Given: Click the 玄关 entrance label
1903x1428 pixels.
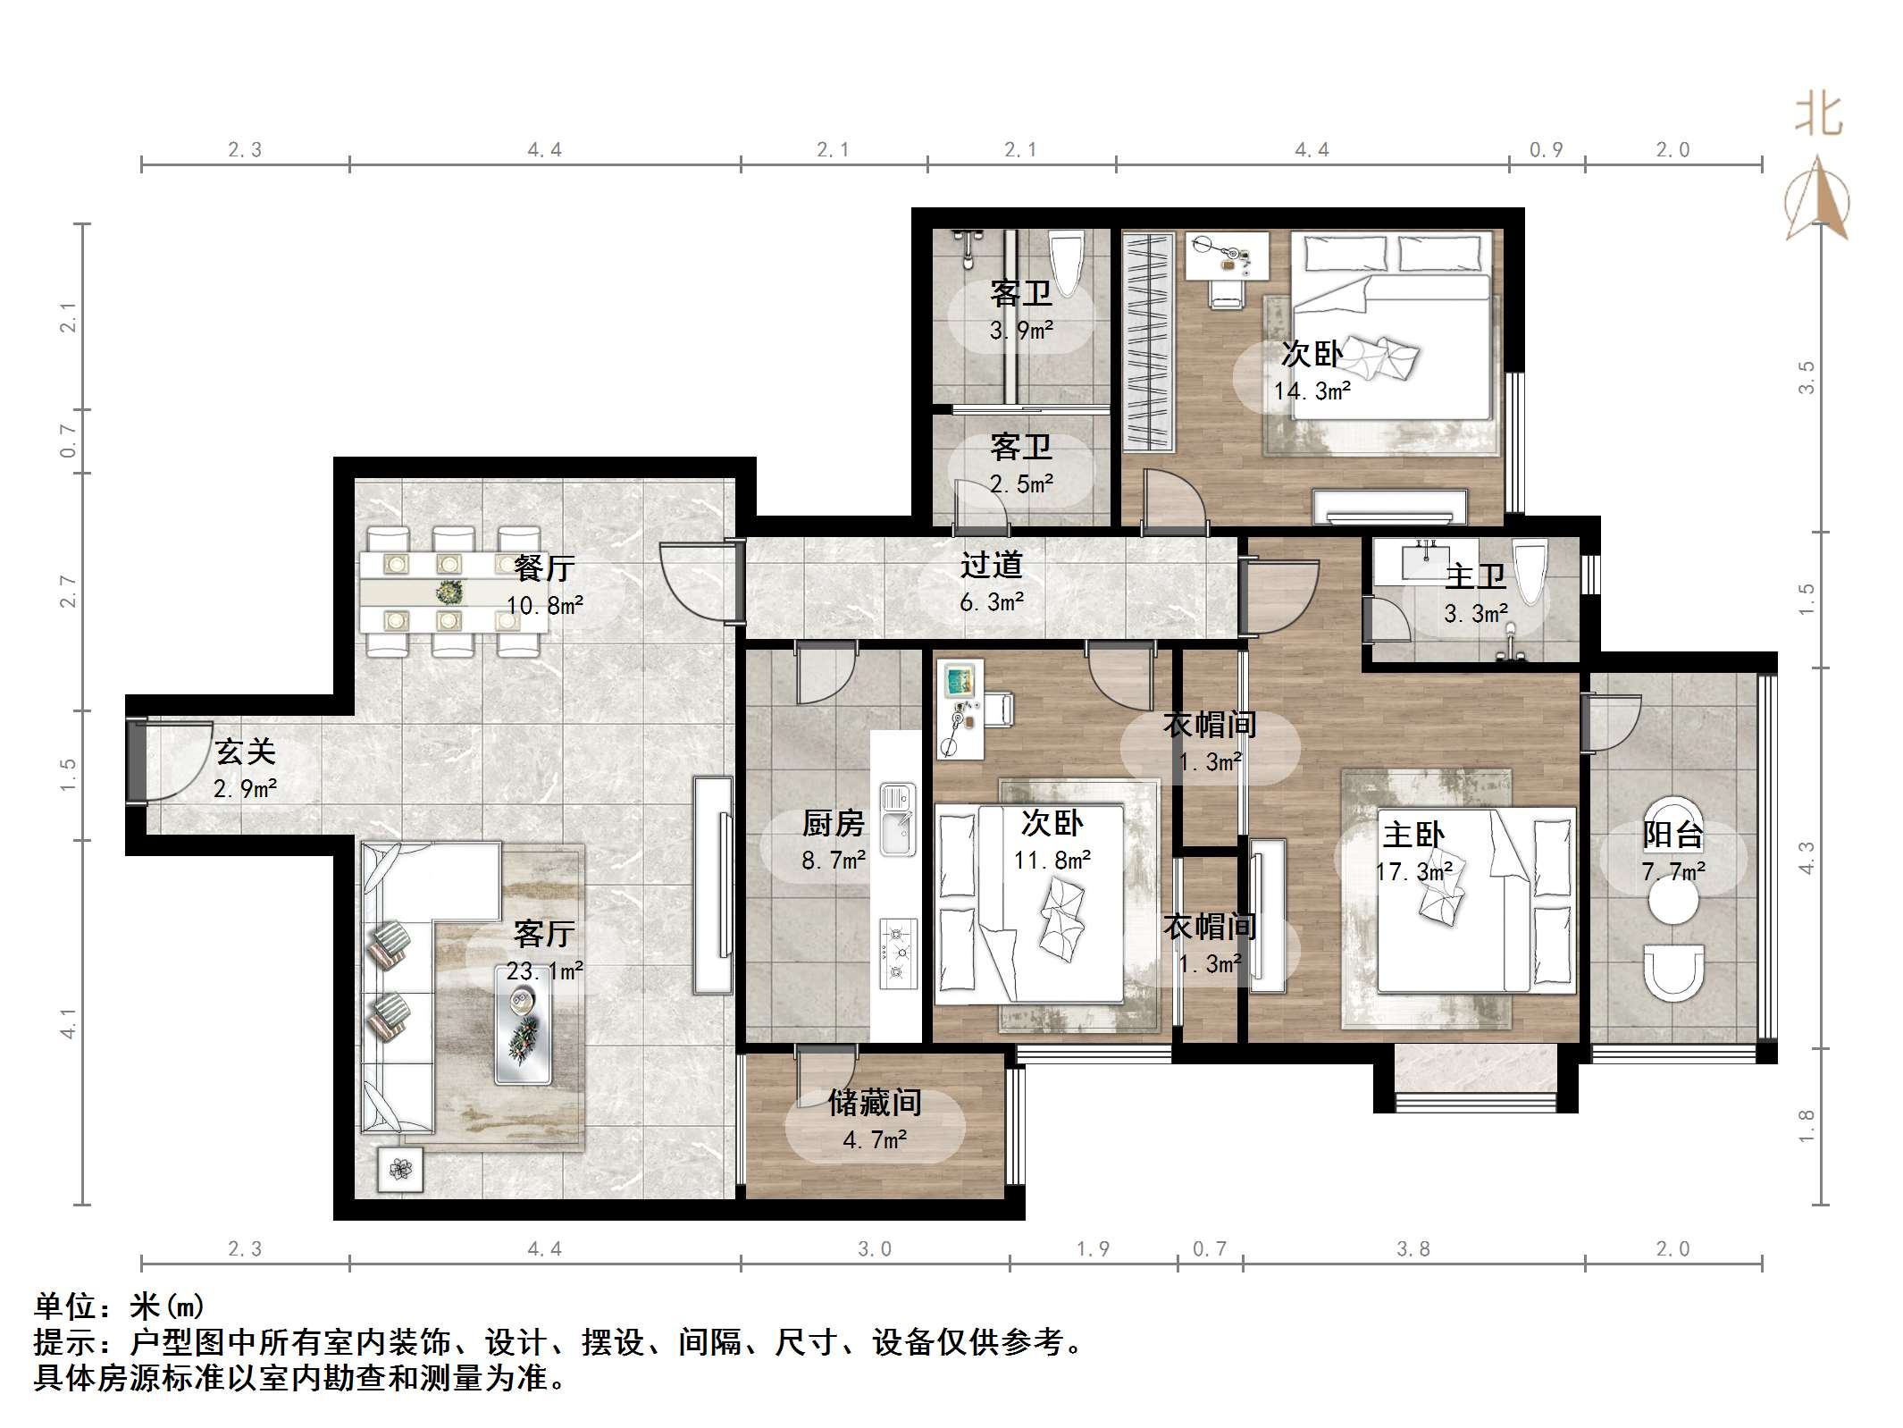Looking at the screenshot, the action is pyautogui.click(x=245, y=752).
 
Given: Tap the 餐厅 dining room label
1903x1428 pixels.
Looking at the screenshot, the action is pyautogui.click(x=544, y=567).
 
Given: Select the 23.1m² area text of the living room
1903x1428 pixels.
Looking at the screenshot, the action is pyautogui.click(x=545, y=970).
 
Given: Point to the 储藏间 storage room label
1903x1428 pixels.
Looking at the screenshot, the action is pyautogui.click(x=875, y=1103).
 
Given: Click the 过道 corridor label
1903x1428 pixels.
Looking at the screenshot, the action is pyautogui.click(x=991, y=565).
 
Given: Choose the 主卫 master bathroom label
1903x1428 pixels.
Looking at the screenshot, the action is pyautogui.click(x=1476, y=575).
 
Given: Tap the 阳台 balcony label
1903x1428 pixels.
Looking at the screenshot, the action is pyautogui.click(x=1672, y=835).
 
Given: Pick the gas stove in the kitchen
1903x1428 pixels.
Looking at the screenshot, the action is pyautogui.click(x=898, y=953).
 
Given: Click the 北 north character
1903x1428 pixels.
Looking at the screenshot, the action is pyautogui.click(x=1819, y=117).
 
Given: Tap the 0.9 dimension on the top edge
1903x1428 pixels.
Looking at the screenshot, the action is pyautogui.click(x=1547, y=150).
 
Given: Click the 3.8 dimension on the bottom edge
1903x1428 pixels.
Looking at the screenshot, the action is pyautogui.click(x=1413, y=1249).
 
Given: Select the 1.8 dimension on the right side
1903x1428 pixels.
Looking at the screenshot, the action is pyautogui.click(x=1807, y=1126).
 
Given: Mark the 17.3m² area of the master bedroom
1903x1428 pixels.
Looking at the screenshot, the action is pyautogui.click(x=1414, y=871).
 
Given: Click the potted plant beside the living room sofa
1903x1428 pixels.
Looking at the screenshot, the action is pyautogui.click(x=400, y=1169).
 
